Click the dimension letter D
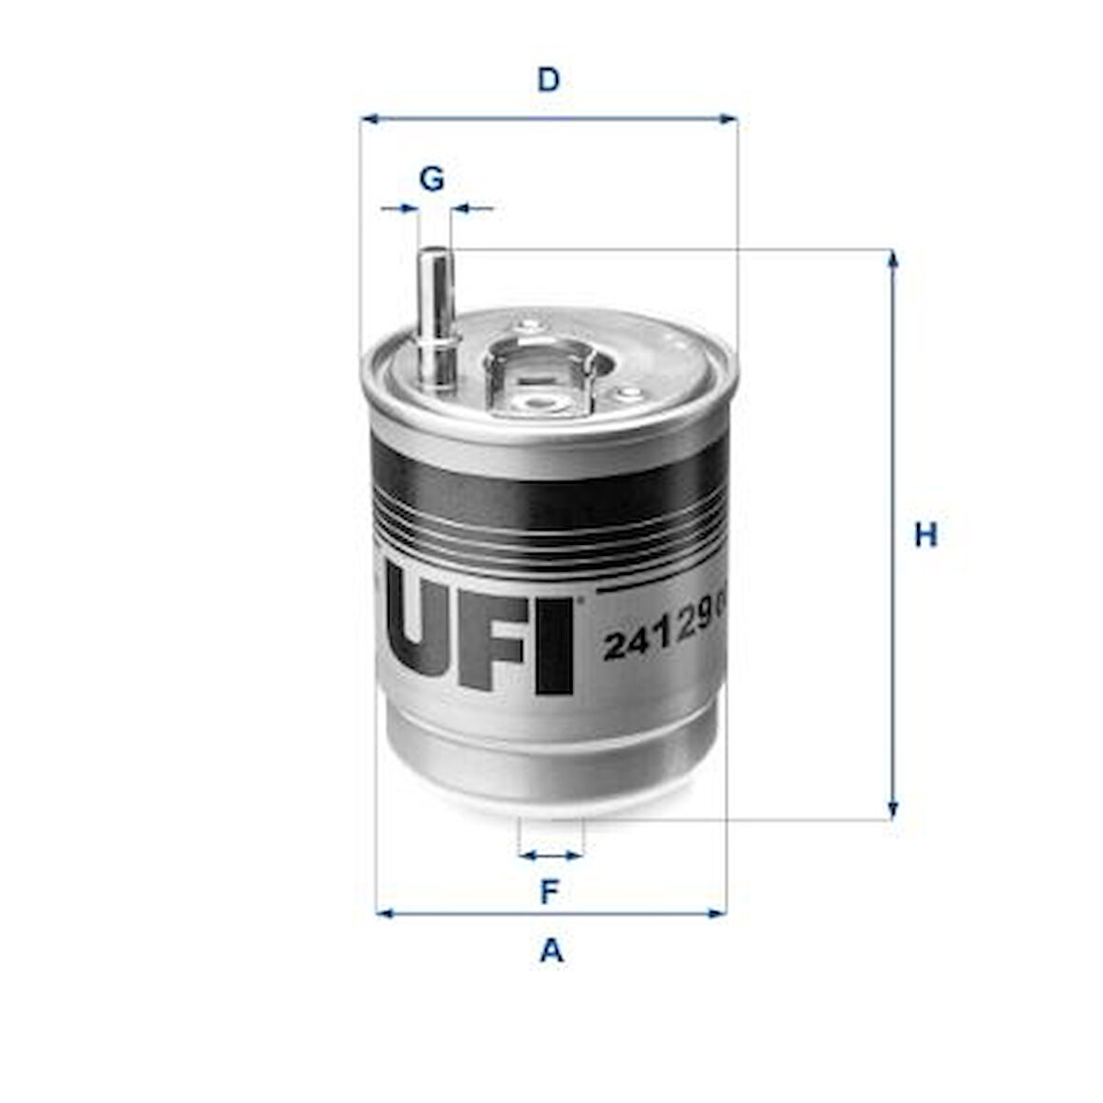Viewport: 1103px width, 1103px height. coord(549,80)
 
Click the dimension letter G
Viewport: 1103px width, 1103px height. coord(431,178)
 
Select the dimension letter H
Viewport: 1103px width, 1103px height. coord(924,536)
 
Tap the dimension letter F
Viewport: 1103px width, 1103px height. coord(550,892)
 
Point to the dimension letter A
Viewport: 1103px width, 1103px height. coord(551,951)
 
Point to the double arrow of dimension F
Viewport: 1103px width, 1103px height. coord(551,854)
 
